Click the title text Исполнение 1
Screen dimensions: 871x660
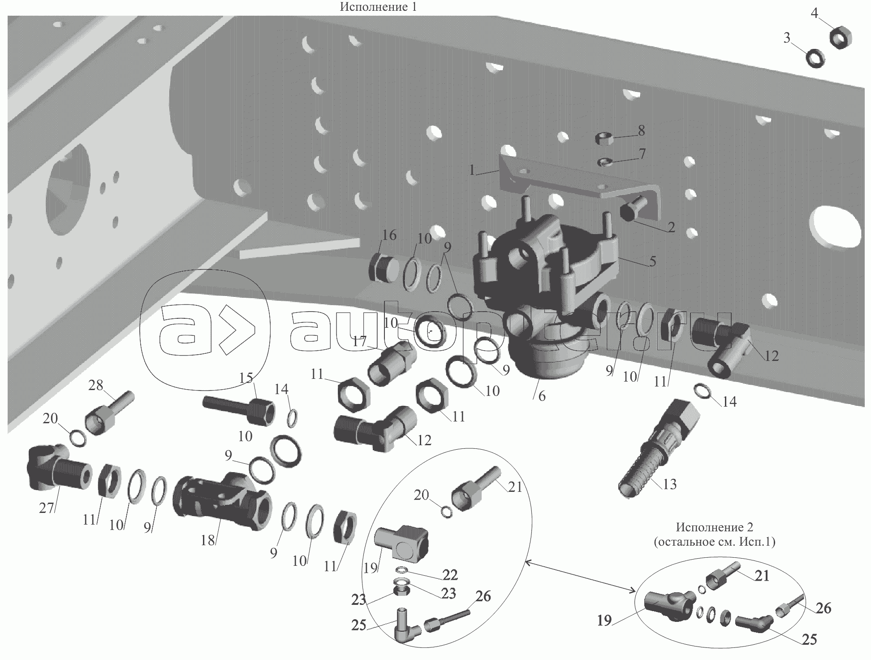tap(379, 7)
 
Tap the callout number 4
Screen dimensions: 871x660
tap(815, 13)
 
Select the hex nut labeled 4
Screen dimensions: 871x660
tap(841, 37)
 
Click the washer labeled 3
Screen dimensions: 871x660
tap(816, 58)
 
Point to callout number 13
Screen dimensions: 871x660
tap(669, 484)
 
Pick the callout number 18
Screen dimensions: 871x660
tap(208, 540)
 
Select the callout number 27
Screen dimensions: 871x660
tap(47, 508)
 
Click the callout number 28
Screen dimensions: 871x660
tap(96, 385)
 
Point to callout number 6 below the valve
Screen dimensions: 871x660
tap(542, 396)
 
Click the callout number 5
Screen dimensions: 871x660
tap(652, 261)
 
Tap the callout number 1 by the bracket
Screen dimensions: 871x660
tap(472, 170)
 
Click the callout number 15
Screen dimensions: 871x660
tap(246, 378)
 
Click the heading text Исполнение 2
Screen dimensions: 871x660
tap(714, 527)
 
